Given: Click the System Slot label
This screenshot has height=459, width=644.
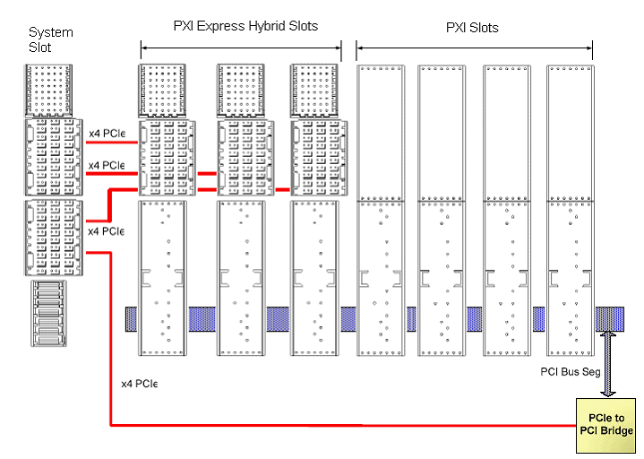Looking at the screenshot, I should click(50, 39).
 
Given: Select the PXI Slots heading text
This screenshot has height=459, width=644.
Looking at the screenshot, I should click(472, 28).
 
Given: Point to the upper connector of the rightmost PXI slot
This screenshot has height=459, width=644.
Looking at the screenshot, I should click(571, 132).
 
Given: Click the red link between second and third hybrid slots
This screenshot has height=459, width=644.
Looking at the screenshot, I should click(279, 190).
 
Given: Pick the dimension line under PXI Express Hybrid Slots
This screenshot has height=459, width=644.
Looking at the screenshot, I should click(241, 48).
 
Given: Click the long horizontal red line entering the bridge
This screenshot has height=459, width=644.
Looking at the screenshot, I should click(340, 424).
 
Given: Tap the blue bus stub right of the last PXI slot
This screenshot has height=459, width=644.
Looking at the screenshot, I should click(613, 317).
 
